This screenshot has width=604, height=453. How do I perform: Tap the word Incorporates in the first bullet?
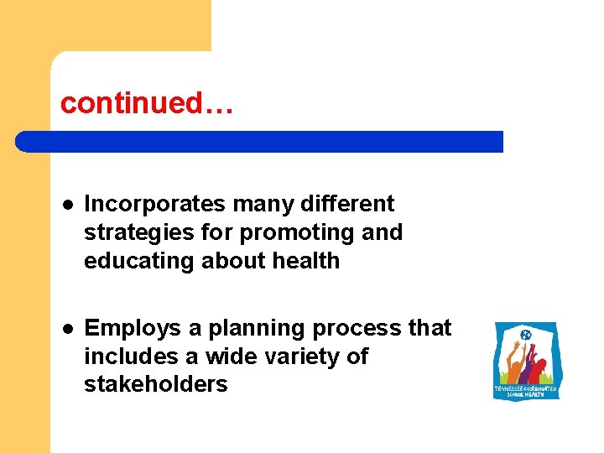(156, 204)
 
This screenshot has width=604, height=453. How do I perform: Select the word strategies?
(131, 232)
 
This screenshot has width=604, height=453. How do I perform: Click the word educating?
(138, 261)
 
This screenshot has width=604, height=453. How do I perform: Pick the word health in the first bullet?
(305, 261)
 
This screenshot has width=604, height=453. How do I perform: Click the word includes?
(130, 357)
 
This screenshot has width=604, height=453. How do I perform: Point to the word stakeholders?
(155, 385)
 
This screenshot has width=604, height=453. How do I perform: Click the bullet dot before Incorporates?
(65, 205)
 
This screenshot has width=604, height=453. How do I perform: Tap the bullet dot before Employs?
(65, 329)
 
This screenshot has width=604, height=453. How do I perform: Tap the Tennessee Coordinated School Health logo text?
(526, 392)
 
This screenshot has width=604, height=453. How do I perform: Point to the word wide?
(239, 357)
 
